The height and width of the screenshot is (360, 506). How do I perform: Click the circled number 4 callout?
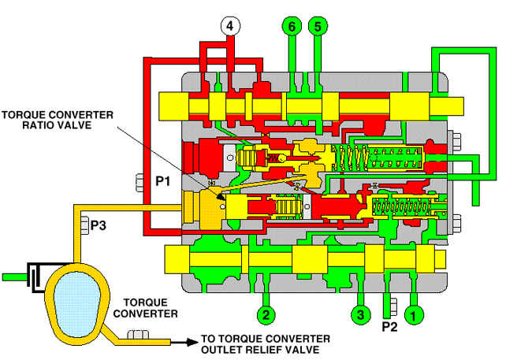coord(230,26)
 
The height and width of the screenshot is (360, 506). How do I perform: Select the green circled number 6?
coord(292,26)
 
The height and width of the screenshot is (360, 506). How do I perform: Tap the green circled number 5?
coord(318,26)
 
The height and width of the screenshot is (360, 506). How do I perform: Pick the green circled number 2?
coord(266,316)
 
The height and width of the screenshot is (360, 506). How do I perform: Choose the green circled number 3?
coord(361,316)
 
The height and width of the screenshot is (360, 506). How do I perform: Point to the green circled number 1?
coord(415,316)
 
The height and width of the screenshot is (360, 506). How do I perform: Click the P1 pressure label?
coord(163,180)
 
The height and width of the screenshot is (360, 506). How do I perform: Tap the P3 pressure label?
coord(99,226)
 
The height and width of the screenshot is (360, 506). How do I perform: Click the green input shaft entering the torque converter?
coord(15,276)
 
